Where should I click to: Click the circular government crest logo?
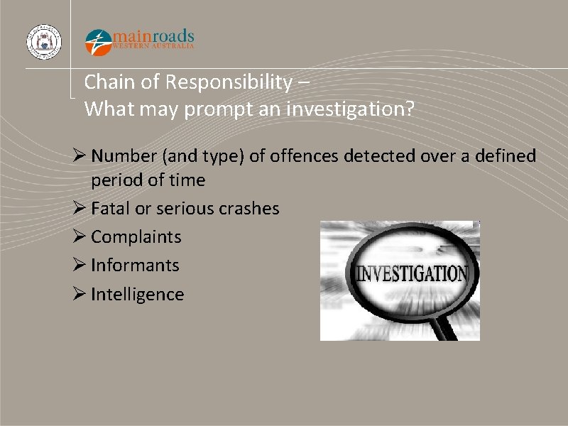click(x=44, y=41)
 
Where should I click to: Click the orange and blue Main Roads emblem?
click(x=98, y=42)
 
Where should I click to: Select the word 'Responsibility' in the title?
click(x=228, y=82)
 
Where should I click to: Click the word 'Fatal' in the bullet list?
click(x=109, y=209)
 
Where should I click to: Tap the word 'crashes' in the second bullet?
click(x=248, y=209)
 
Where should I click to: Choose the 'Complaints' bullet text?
click(x=136, y=237)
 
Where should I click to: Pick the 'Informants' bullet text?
click(x=135, y=266)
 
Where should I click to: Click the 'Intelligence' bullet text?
click(x=137, y=295)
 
